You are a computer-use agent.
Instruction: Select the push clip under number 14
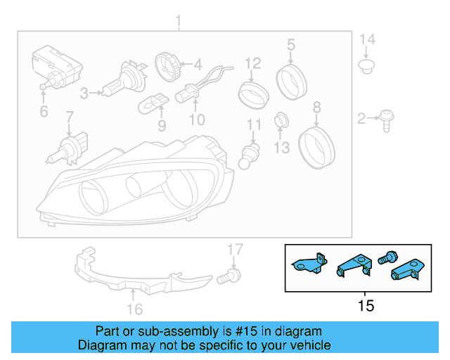pos(365,67)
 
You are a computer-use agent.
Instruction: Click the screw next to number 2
pos(386,120)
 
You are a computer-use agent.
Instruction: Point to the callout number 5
pos(290,45)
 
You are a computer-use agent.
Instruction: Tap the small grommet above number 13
pos(281,118)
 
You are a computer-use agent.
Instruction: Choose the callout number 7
pos(70,116)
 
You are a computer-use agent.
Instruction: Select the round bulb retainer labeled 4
pos(169,65)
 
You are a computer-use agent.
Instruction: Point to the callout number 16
pos(134,309)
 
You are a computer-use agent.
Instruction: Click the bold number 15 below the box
pos(366,306)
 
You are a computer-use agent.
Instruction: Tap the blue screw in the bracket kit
pos(386,258)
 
